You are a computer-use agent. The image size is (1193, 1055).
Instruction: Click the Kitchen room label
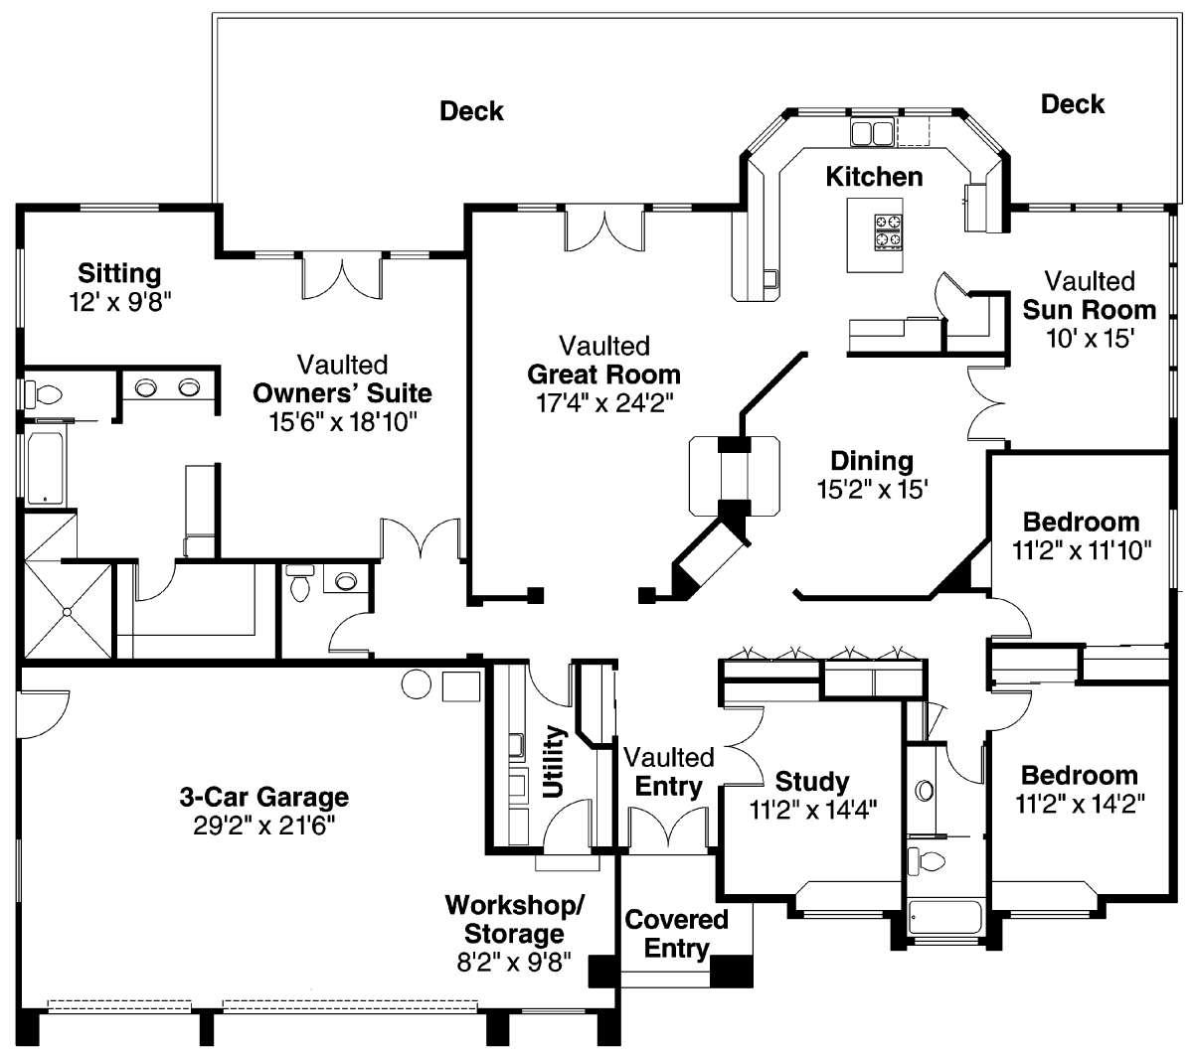pyautogui.click(x=873, y=177)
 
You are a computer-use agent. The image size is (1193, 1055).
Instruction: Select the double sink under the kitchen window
pyautogui.click(x=872, y=132)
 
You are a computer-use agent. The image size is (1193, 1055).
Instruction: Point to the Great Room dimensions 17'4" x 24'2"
pyautogui.click(x=604, y=403)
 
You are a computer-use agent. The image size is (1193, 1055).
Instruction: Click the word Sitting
pyautogui.click(x=119, y=273)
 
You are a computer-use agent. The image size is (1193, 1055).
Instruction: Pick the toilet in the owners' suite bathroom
pyautogui.click(x=43, y=394)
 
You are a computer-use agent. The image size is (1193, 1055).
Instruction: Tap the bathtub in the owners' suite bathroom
pyautogui.click(x=45, y=468)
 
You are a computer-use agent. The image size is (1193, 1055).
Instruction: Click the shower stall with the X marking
pyautogui.click(x=68, y=611)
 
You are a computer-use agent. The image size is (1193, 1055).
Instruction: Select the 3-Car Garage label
pyautogui.click(x=263, y=798)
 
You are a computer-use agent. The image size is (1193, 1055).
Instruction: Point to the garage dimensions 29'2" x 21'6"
pyautogui.click(x=263, y=827)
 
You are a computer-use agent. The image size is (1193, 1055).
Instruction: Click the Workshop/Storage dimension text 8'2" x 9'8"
pyautogui.click(x=514, y=963)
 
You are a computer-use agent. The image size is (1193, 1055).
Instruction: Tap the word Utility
pyautogui.click(x=554, y=762)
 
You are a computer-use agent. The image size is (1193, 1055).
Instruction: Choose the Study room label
pyautogui.click(x=812, y=782)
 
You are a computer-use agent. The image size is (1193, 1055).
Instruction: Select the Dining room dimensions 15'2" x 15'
pyautogui.click(x=872, y=490)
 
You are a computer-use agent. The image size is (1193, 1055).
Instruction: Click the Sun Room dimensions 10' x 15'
pyautogui.click(x=1090, y=339)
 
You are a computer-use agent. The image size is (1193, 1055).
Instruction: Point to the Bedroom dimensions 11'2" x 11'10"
pyautogui.click(x=1082, y=550)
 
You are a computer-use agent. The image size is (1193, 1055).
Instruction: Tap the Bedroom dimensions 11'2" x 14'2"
pyautogui.click(x=1080, y=804)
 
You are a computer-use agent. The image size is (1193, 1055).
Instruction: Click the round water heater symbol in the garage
pyautogui.click(x=417, y=684)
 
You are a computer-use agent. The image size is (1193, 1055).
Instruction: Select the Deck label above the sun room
pyautogui.click(x=1073, y=104)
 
